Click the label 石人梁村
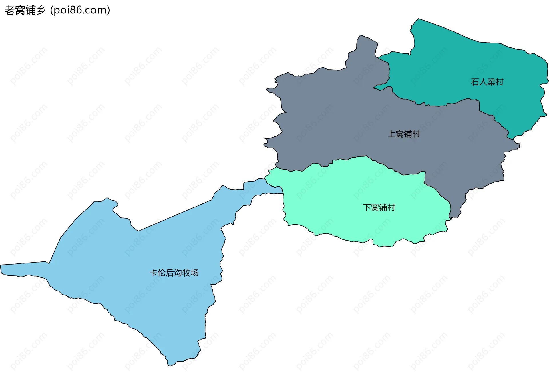coord(487,82)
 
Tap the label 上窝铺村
coord(403,134)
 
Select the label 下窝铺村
coord(379,207)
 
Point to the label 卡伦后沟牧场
coord(174,273)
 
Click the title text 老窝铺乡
coord(25,10)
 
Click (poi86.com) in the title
coord(80,10)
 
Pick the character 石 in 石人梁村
coord(475,82)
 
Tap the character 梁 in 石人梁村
coord(491,82)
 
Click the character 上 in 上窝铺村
coord(391,134)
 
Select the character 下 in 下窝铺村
coord(367,207)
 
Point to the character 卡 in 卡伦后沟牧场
coord(153,273)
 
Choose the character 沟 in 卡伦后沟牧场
coord(178,273)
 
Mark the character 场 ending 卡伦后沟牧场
coord(194,273)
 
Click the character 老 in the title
coord(9,10)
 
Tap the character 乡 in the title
coord(41,10)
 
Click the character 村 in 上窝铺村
coord(416,134)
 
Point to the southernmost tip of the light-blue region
coord(169,365)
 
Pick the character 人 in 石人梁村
coord(483,82)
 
